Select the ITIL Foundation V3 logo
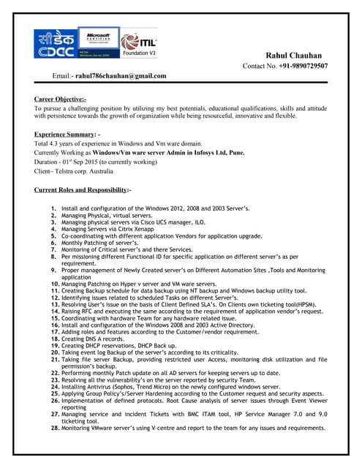click(139, 44)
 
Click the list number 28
click(54, 428)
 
